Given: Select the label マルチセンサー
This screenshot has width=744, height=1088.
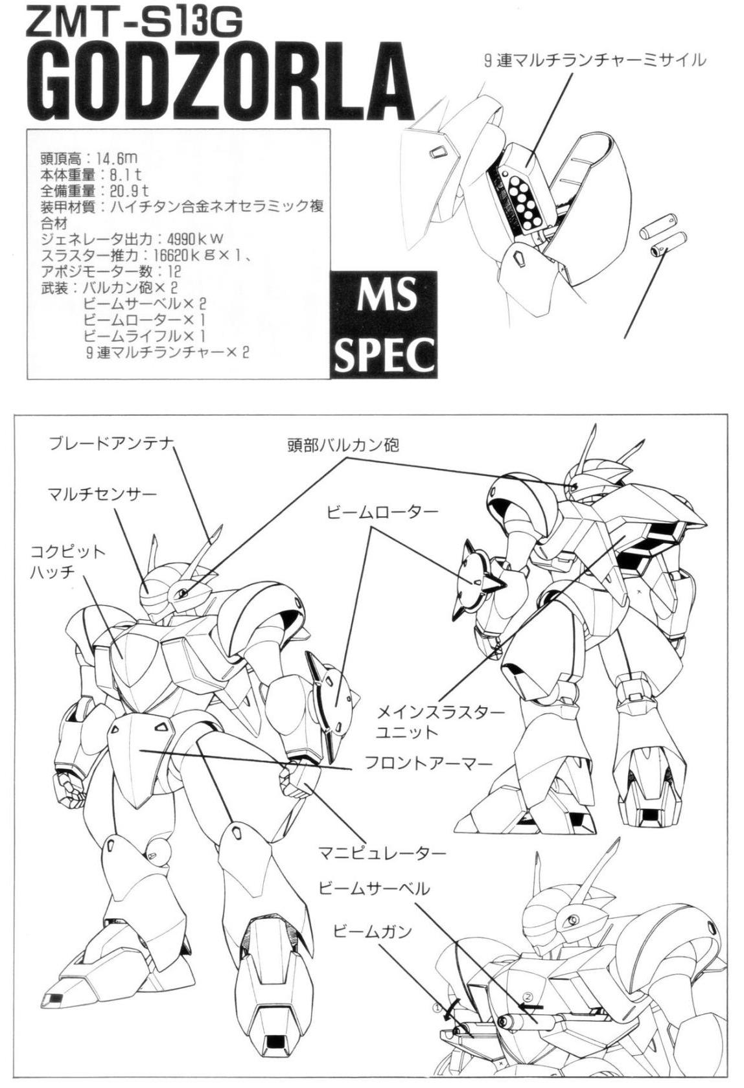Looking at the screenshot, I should (x=102, y=495).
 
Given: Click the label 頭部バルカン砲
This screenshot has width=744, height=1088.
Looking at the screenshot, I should (x=343, y=445).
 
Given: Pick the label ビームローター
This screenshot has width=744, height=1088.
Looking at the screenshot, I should (x=382, y=512).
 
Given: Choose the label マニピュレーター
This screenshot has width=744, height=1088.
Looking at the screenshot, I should (x=382, y=853).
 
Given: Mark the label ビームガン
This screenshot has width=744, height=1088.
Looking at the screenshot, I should (x=372, y=931).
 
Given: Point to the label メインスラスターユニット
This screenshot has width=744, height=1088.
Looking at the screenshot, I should (x=441, y=721).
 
